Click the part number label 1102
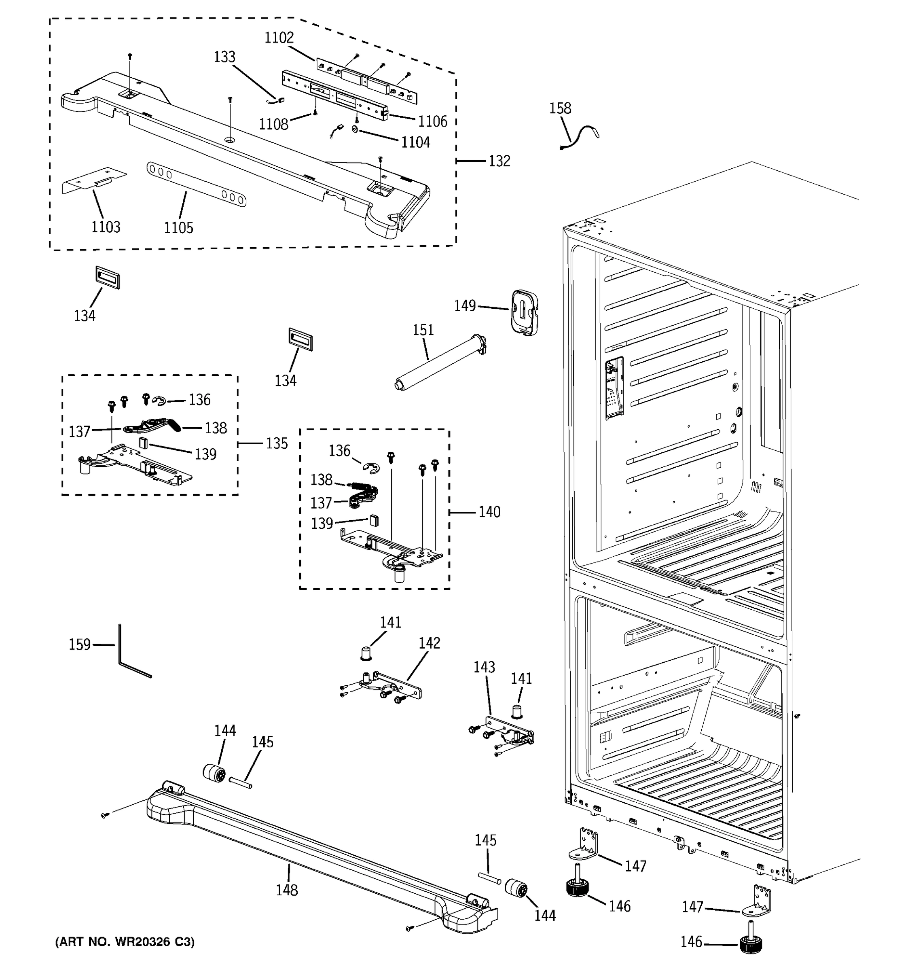279,38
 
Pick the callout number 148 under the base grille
287,890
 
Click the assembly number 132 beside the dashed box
499,161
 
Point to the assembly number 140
489,512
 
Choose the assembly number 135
277,443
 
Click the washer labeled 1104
354,129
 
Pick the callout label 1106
432,121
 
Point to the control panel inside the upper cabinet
613,388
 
